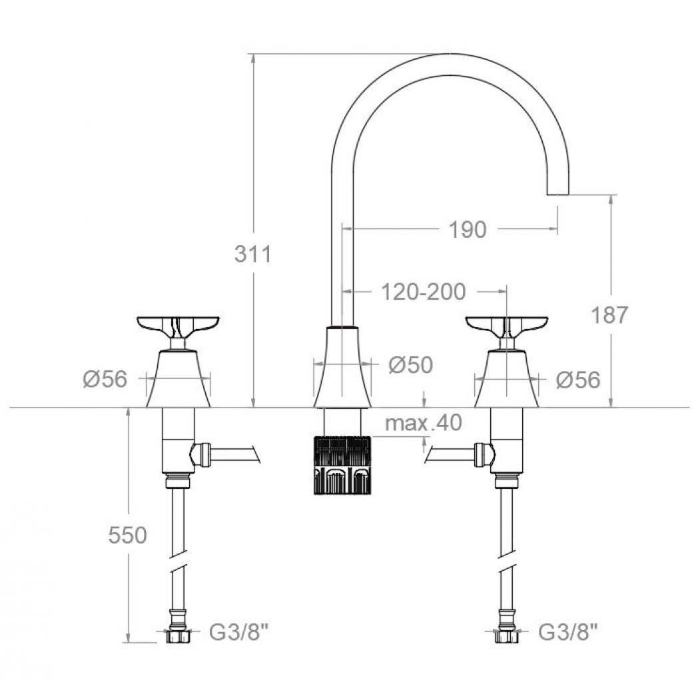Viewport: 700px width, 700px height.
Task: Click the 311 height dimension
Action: (252, 254)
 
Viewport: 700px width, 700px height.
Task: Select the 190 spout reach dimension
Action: (467, 230)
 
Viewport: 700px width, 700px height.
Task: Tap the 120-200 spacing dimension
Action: (423, 292)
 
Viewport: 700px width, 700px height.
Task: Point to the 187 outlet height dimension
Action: (609, 315)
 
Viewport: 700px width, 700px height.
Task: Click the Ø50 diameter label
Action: (411, 365)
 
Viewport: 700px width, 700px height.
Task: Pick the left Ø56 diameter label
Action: (105, 380)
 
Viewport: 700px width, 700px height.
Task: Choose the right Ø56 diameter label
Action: (578, 380)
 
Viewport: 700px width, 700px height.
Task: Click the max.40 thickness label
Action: (423, 422)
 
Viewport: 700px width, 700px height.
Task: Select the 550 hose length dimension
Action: (127, 535)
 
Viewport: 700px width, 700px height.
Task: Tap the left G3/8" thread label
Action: (239, 632)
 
